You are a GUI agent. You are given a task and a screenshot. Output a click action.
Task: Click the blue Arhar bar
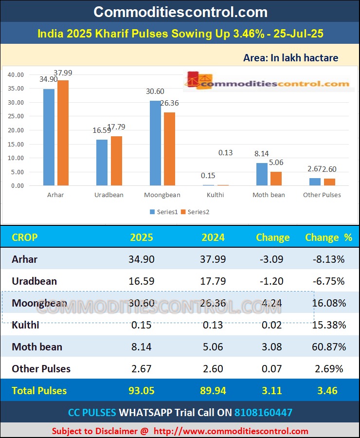tap(49, 137)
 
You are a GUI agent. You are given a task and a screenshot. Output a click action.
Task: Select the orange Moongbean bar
tap(169, 149)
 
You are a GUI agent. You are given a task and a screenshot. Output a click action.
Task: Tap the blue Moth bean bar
tap(262, 174)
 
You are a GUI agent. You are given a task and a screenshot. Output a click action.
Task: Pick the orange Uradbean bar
tap(116, 161)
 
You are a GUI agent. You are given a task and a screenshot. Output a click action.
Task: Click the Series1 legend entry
tap(164, 212)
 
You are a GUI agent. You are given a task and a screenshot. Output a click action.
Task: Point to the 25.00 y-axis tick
tap(16, 116)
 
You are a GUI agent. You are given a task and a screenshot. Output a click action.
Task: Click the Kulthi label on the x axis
tap(216, 195)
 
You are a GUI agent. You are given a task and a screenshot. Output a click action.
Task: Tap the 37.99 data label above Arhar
tap(63, 73)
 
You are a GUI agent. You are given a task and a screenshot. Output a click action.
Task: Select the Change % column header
tap(328, 237)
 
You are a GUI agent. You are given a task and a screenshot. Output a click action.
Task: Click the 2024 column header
tap(213, 237)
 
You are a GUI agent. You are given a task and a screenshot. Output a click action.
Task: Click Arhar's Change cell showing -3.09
tap(272, 259)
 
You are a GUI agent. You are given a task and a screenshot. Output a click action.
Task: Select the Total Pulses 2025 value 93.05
tap(142, 391)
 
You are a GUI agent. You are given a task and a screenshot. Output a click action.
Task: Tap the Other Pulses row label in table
tap(41, 369)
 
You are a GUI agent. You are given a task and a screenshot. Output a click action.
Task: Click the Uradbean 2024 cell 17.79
tap(213, 281)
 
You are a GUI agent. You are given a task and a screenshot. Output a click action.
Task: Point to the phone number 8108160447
tap(263, 413)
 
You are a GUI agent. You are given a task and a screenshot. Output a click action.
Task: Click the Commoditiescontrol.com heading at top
tap(180, 12)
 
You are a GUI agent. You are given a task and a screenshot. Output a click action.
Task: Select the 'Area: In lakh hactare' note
tap(290, 58)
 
